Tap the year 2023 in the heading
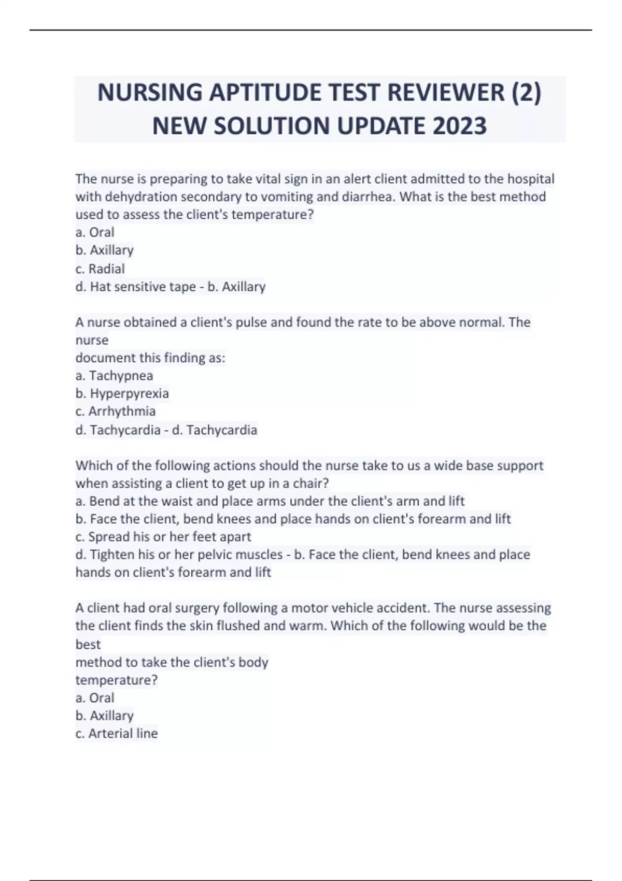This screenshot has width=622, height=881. (x=459, y=126)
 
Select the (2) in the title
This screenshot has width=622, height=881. (x=526, y=93)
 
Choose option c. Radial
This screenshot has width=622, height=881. (x=100, y=269)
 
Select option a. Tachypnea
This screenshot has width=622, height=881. (x=114, y=376)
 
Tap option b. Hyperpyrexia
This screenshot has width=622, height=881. (x=122, y=393)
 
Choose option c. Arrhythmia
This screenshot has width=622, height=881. (x=115, y=411)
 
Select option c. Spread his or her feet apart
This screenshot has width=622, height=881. (x=163, y=537)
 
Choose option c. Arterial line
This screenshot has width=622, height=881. (x=117, y=733)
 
